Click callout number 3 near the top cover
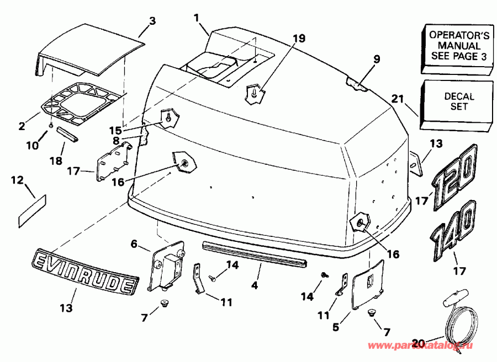coord(152,21)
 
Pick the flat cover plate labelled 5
coord(367,284)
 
